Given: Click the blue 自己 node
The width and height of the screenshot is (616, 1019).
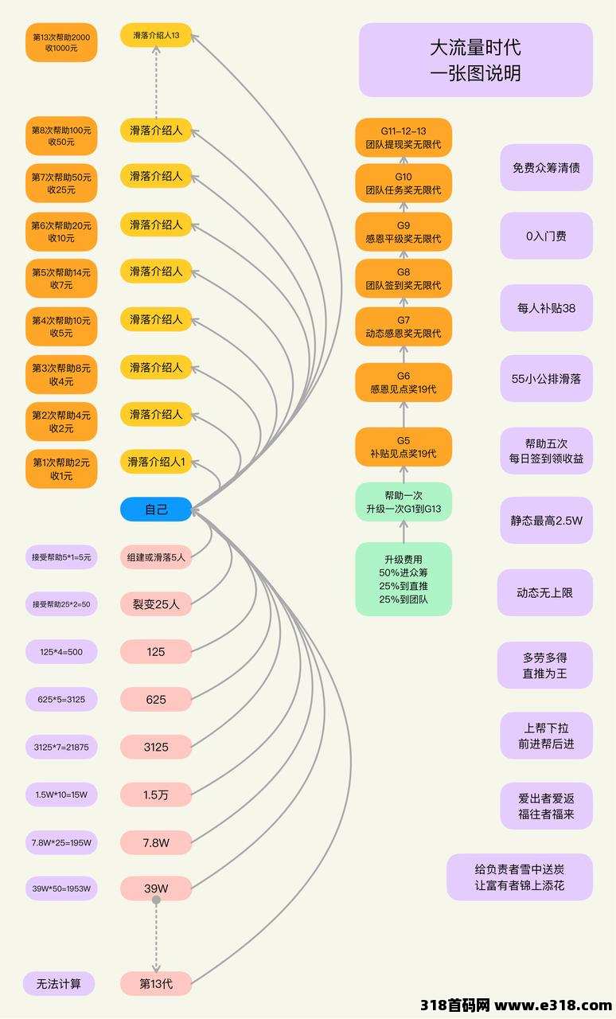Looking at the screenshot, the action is (x=156, y=509).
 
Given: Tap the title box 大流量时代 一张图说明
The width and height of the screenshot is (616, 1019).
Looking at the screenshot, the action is (x=475, y=60).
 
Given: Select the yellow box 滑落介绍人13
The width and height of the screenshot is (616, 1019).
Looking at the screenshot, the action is (x=156, y=35).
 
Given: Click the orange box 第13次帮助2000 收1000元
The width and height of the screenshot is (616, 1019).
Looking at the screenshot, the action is (x=61, y=42).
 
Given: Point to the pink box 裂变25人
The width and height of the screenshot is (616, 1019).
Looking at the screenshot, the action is (x=156, y=604).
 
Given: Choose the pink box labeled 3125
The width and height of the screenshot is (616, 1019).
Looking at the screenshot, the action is (x=156, y=747).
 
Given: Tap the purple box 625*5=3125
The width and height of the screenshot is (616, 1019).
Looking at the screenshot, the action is (x=61, y=699).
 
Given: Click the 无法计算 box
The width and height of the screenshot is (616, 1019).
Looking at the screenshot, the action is (x=59, y=983).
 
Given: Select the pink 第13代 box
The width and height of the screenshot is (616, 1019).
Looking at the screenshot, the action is (x=156, y=983).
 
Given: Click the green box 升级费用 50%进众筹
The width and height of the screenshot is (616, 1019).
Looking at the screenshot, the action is (x=404, y=579).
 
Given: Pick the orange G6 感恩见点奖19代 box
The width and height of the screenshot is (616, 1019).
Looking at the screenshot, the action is (x=404, y=382).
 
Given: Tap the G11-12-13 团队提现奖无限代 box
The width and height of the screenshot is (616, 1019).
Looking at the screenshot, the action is (x=404, y=138).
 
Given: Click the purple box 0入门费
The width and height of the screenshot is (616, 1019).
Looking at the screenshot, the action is (x=547, y=236).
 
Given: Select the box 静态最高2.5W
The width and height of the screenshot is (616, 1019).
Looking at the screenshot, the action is (x=547, y=521).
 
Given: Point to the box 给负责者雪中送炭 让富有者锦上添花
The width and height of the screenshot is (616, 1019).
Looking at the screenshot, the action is (x=520, y=877).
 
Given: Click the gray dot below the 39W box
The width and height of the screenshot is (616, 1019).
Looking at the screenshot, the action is (x=156, y=900).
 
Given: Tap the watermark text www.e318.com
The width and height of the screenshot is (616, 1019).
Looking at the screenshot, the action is (x=553, y=1005).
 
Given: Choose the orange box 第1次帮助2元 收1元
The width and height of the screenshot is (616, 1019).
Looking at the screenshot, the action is (x=61, y=469).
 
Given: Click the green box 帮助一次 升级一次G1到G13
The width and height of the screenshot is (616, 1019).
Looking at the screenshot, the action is (x=404, y=502).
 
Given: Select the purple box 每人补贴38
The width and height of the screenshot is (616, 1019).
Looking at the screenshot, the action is (x=547, y=308).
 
